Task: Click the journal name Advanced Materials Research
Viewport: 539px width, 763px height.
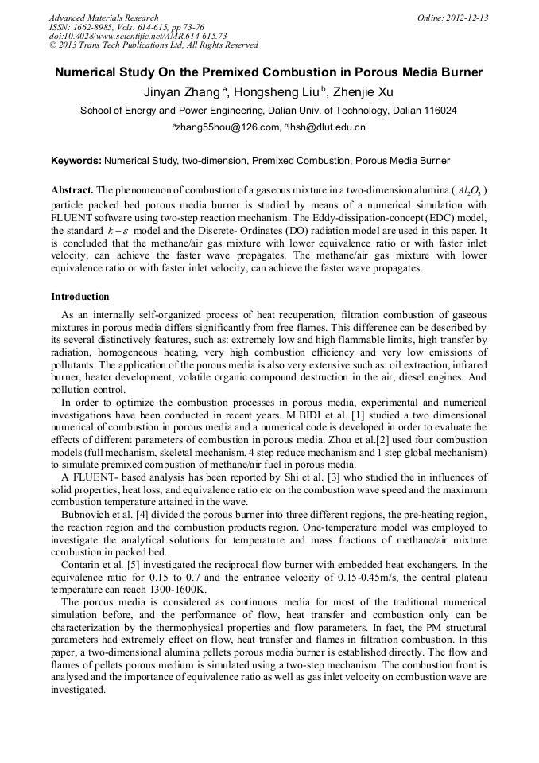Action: tap(103, 18)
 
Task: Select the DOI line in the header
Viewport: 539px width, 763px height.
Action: tap(138, 36)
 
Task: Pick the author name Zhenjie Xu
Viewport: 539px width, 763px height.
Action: tap(359, 92)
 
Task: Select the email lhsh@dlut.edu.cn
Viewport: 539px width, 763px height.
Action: tap(327, 127)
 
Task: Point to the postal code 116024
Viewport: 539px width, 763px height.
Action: tap(437, 111)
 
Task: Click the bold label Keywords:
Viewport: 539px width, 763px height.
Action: tap(76, 161)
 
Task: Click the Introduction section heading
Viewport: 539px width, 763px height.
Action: tap(80, 297)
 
